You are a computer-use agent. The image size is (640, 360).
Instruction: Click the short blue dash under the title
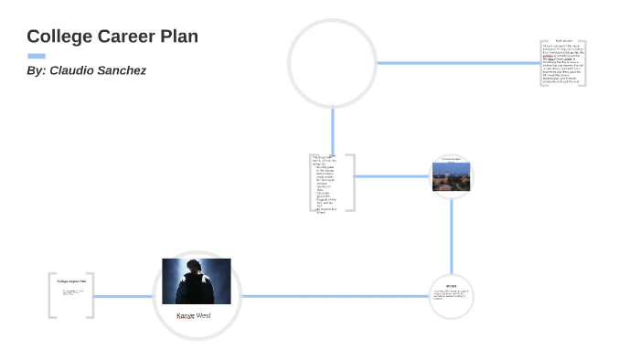point(37,56)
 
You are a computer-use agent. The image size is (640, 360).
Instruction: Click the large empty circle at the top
point(332,63)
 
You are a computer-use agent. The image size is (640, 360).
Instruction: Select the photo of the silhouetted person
point(196,281)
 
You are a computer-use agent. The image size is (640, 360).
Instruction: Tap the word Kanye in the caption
point(186,315)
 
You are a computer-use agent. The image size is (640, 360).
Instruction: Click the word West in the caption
point(204,315)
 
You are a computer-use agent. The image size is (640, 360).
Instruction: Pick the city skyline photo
point(451,175)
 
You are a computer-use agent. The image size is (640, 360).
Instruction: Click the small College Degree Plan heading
point(71,281)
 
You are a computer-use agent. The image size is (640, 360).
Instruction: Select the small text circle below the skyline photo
point(451,295)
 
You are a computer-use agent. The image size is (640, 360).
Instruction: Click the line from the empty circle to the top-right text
point(457,63)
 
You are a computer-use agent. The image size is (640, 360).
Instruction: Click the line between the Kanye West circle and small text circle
point(334,296)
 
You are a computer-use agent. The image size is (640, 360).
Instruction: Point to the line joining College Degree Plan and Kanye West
point(123,296)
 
